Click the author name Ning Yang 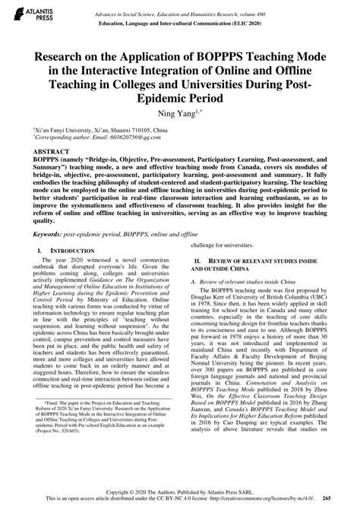(180, 116)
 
